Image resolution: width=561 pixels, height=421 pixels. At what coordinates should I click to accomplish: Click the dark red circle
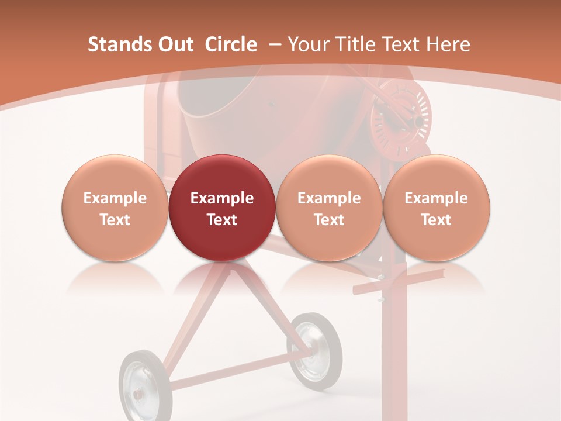pyautogui.click(x=222, y=208)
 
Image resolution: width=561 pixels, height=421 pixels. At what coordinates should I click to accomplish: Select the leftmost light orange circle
pyautogui.click(x=115, y=208)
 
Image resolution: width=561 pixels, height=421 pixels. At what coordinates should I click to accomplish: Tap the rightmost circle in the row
pyautogui.click(x=436, y=208)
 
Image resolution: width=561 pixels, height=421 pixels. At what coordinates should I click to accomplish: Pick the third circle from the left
pyautogui.click(x=329, y=208)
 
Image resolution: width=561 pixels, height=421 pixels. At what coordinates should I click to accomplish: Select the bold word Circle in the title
pyautogui.click(x=231, y=44)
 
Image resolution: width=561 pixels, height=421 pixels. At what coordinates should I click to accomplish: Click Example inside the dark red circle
pyautogui.click(x=222, y=198)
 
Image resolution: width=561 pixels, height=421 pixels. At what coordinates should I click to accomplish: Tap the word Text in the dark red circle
pyautogui.click(x=222, y=219)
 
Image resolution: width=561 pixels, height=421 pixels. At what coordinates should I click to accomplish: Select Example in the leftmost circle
pyautogui.click(x=115, y=198)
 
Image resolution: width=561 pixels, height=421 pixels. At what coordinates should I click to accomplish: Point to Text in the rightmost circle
pyautogui.click(x=436, y=219)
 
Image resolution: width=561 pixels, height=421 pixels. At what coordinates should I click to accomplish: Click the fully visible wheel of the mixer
pyautogui.click(x=316, y=350)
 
